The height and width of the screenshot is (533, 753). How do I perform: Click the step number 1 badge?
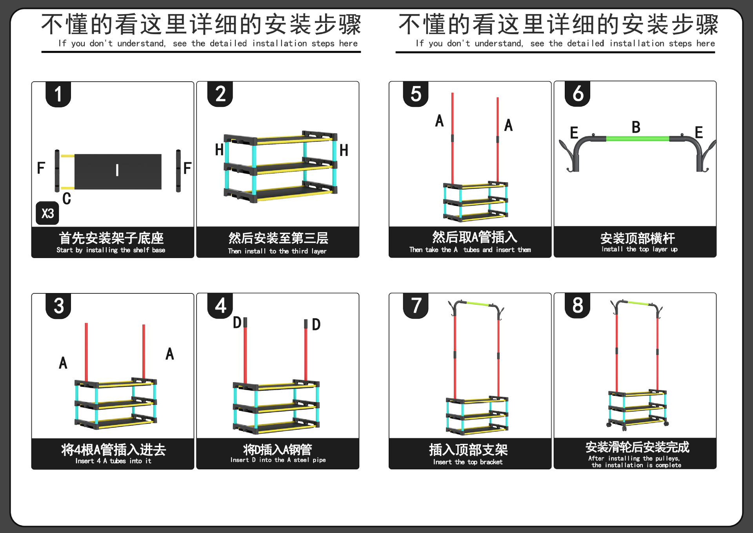(58, 94)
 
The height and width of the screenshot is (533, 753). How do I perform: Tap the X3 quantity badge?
(47, 213)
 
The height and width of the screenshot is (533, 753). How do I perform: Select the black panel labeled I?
(118, 171)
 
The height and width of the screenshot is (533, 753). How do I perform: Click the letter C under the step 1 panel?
(67, 198)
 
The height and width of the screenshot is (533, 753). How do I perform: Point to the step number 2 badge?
(220, 94)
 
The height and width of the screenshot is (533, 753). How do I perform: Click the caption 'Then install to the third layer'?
(277, 251)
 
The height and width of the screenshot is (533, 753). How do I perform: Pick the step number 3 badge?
(58, 306)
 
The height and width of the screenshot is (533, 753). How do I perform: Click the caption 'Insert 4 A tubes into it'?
(113, 461)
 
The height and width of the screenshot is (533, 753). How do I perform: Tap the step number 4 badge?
(220, 306)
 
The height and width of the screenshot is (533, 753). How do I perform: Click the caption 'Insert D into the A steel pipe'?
(278, 460)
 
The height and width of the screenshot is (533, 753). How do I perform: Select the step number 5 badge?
(416, 94)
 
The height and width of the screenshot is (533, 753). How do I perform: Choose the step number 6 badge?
(578, 94)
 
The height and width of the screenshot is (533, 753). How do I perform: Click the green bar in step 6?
(637, 139)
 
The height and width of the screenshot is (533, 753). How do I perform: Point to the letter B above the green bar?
(636, 127)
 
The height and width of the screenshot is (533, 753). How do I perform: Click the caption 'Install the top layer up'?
(639, 249)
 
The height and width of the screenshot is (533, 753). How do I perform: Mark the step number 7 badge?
(416, 306)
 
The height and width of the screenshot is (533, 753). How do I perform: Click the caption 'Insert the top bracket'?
(467, 462)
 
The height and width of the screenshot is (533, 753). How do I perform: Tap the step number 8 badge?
(578, 305)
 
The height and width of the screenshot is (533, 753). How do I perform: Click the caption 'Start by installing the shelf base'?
(111, 250)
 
